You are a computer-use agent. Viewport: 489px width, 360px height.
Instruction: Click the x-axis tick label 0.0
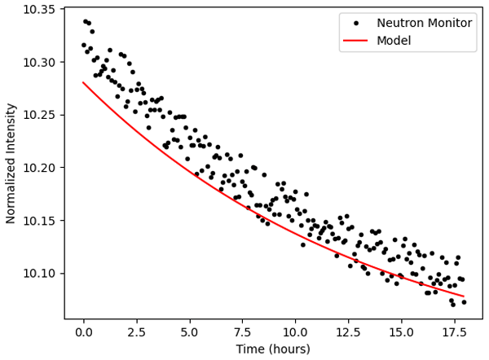click(83, 332)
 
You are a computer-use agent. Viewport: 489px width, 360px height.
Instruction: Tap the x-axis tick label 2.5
click(136, 332)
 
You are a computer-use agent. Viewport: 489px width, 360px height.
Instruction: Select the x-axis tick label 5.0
click(189, 332)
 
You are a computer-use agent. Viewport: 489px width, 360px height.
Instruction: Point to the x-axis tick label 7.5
click(242, 332)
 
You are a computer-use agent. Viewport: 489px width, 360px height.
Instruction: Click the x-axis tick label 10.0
click(295, 332)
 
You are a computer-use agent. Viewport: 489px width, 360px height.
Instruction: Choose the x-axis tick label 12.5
click(348, 332)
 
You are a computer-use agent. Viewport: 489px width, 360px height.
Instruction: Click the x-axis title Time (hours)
click(274, 349)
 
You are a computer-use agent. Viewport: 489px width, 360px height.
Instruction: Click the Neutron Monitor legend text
click(423, 23)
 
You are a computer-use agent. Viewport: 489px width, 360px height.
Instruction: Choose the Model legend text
click(394, 40)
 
